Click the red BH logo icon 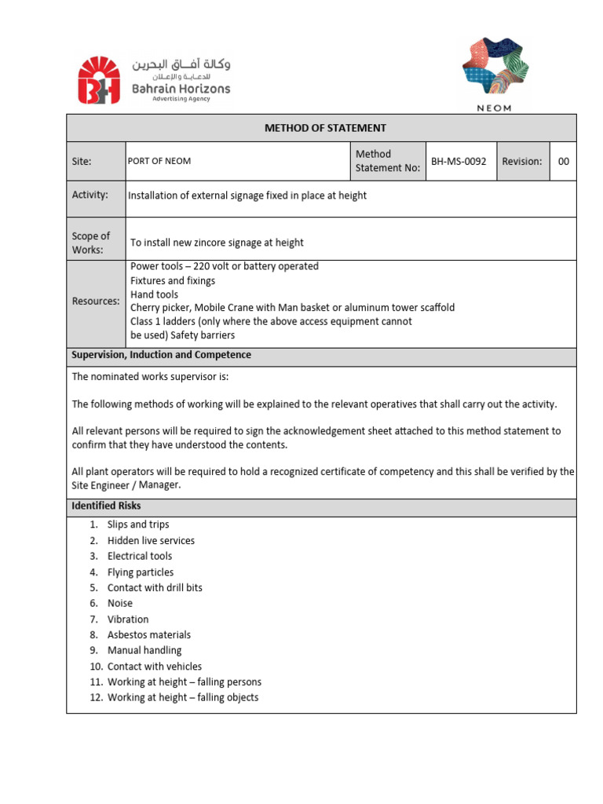tap(98, 80)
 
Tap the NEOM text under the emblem tap(495, 108)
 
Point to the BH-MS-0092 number tap(459, 161)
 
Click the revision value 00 tap(563, 161)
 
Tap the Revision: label tap(522, 161)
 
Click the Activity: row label tap(90, 195)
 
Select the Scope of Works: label tap(91, 243)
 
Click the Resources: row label tap(96, 301)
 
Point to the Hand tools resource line tap(154, 294)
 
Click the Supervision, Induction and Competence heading tap(162, 355)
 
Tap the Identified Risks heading tap(106, 506)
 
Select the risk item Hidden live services tap(151, 540)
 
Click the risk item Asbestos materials tap(148, 634)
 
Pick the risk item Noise tap(120, 603)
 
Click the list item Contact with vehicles tap(154, 666)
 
